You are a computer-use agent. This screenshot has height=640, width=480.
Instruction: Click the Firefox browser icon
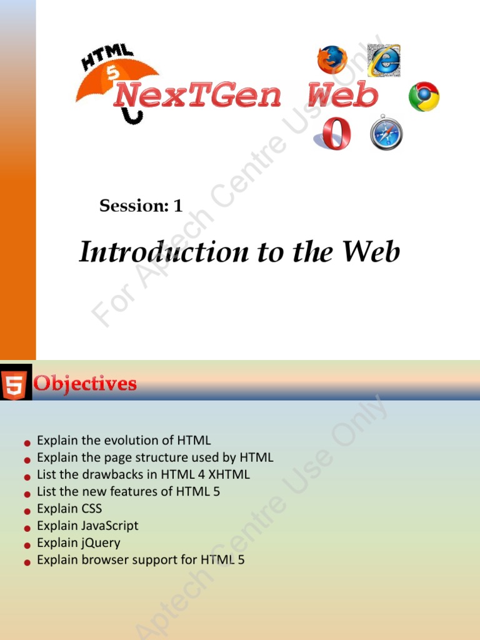tap(332, 60)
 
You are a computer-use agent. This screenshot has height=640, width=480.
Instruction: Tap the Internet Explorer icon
tap(383, 60)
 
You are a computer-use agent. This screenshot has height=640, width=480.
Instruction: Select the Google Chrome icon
tap(424, 97)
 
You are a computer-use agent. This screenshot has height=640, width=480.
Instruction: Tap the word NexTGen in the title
tap(198, 96)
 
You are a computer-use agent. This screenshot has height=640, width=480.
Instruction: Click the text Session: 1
tap(141, 206)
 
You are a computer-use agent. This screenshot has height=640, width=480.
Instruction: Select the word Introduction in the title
tap(163, 252)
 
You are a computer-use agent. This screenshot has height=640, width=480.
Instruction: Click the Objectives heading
tap(85, 383)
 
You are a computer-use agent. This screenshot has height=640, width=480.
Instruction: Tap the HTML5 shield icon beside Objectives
tap(14, 383)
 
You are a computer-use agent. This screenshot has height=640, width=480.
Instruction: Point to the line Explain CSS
tap(69, 509)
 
